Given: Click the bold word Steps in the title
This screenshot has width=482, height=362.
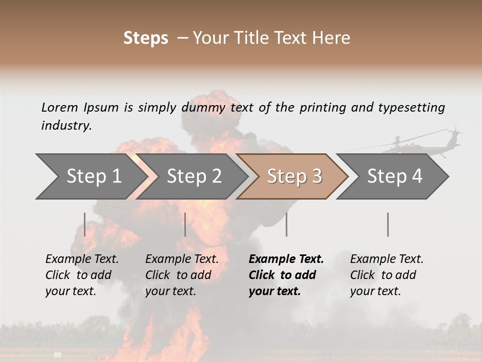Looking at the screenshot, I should (146, 38).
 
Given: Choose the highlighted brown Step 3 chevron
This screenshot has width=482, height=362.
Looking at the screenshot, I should (294, 176).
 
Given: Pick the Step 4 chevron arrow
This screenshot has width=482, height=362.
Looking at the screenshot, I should (395, 176).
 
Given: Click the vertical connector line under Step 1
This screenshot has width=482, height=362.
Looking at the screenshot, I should (85, 224).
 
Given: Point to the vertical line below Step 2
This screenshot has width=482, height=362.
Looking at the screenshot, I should (185, 224).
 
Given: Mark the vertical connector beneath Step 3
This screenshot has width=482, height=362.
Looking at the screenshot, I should (286, 224).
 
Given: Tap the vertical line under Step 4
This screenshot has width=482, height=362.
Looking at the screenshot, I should (388, 224).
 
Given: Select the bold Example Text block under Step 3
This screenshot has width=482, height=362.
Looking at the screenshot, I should (286, 275).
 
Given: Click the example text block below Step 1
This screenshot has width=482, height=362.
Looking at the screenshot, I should (82, 275).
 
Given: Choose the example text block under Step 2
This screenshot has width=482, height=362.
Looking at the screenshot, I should (182, 275).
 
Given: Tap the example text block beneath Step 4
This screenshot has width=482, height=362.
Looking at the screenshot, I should (387, 275).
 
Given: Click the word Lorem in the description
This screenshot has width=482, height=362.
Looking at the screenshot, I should (60, 108).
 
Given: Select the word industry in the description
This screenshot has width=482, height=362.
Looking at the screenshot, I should (66, 126).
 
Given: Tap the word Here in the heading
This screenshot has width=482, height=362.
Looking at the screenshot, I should (331, 38).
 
